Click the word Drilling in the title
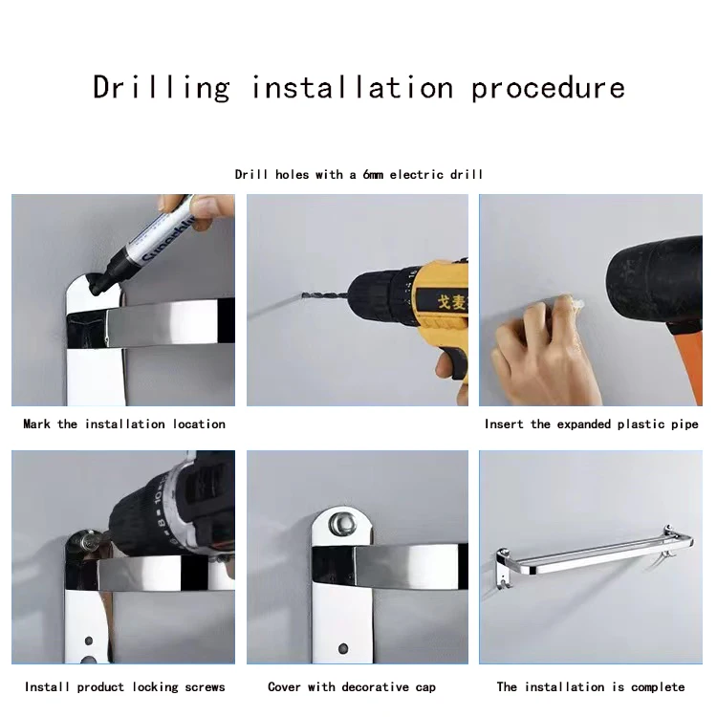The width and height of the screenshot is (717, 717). click(162, 88)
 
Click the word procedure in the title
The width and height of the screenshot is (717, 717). click(548, 89)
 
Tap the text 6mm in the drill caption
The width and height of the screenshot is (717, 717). click(373, 174)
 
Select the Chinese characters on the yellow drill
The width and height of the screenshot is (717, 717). click(452, 302)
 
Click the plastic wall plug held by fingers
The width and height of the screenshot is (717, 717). click(574, 303)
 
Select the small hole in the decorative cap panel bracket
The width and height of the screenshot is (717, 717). click(343, 648)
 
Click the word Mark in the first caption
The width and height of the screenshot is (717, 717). click(36, 424)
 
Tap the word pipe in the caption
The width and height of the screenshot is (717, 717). click(684, 424)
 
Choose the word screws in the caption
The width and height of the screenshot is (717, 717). click(205, 686)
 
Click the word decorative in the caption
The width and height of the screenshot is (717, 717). click(376, 686)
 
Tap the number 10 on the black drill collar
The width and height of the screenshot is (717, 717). click(158, 496)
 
